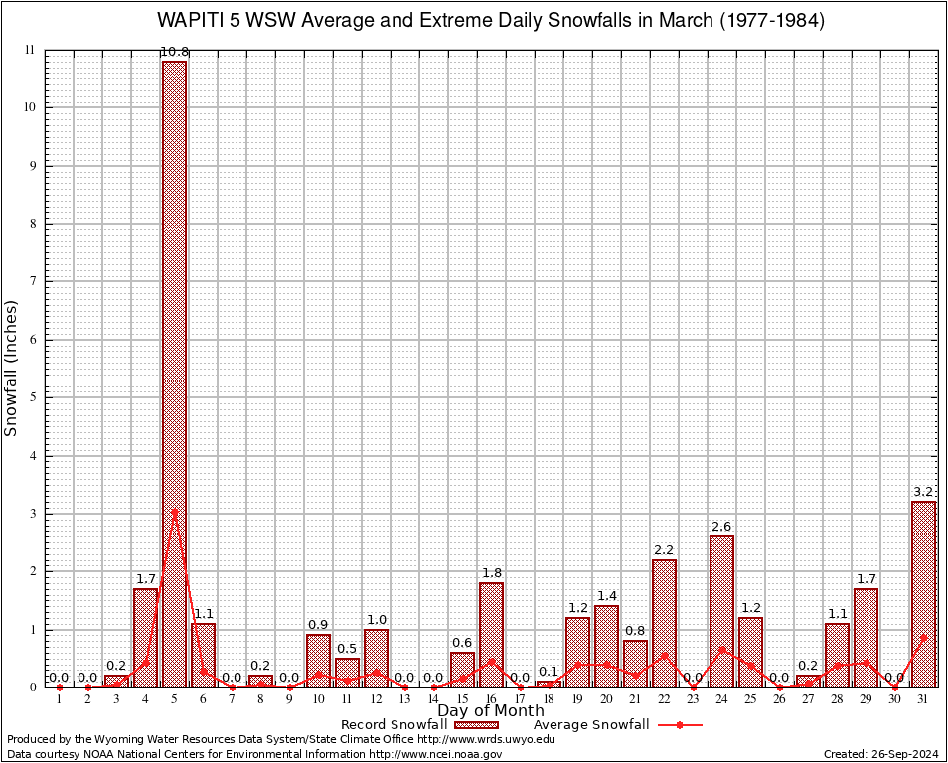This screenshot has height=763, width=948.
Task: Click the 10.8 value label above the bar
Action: click(174, 52)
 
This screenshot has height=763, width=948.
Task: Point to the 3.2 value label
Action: click(923, 492)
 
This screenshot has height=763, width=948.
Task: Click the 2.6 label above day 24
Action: click(721, 527)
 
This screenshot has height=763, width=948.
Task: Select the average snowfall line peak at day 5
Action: click(174, 513)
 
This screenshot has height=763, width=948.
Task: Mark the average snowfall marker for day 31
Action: click(923, 638)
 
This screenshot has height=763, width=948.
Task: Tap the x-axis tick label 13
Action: click(404, 700)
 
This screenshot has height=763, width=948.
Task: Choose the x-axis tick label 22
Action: click(664, 700)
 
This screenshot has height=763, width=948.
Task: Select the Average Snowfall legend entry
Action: click(590, 725)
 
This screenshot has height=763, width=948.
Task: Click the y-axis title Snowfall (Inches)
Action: click(12, 368)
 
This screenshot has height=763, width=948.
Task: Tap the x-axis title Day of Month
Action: click(491, 711)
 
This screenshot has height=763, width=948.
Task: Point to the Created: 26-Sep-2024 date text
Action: click(880, 754)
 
